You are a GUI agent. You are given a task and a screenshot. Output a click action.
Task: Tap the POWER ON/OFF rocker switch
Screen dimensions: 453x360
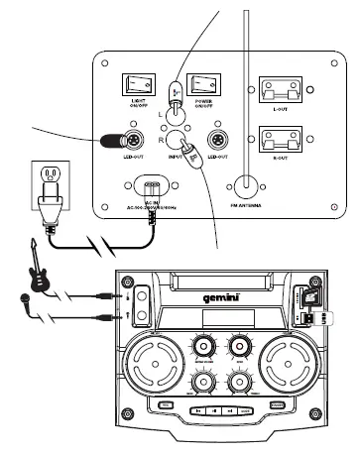click(x=204, y=85)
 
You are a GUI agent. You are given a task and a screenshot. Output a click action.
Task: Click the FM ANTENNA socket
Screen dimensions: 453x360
click(x=242, y=182)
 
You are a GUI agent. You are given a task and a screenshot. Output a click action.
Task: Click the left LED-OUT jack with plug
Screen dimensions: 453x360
click(x=112, y=139)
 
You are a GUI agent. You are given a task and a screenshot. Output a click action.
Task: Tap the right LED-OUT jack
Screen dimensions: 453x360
click(x=215, y=140)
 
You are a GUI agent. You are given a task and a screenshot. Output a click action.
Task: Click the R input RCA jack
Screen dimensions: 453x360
click(x=175, y=138)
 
